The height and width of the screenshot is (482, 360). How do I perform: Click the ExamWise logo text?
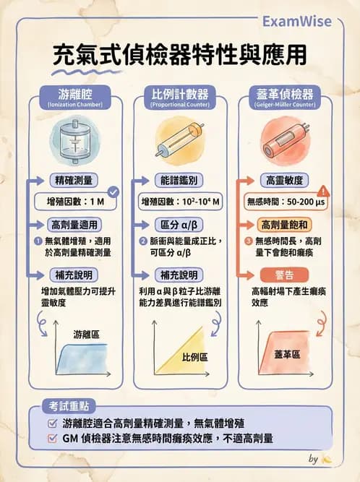pyautogui.click(x=304, y=22)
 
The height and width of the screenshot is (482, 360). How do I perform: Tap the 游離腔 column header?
pyautogui.click(x=75, y=95)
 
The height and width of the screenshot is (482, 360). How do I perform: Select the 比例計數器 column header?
pyautogui.click(x=179, y=95)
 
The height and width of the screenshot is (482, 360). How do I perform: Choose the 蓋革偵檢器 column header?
pyautogui.click(x=284, y=95)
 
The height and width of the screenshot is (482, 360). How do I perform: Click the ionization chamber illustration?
pyautogui.click(x=74, y=137)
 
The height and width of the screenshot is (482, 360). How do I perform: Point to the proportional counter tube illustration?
pyautogui.click(x=180, y=139)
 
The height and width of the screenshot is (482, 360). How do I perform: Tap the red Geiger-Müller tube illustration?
pyautogui.click(x=284, y=137)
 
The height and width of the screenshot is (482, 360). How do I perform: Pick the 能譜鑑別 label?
pyautogui.click(x=179, y=180)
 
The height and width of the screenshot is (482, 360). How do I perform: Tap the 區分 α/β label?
pyautogui.click(x=179, y=224)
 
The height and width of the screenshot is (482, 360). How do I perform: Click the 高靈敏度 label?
pyautogui.click(x=284, y=180)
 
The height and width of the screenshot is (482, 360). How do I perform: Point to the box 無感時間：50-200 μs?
pyautogui.click(x=284, y=200)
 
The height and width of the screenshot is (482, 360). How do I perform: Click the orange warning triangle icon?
pyautogui.click(x=324, y=191)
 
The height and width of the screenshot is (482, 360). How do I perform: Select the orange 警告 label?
pyautogui.click(x=284, y=275)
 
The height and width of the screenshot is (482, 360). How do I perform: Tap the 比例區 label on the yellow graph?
pyautogui.click(x=194, y=357)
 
